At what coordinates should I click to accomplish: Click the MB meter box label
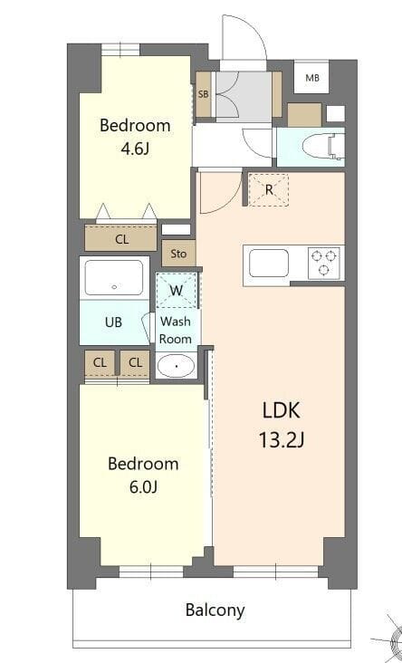coord(312,78)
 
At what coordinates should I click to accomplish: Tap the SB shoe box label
coord(204,93)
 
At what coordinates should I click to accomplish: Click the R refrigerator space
coord(268,189)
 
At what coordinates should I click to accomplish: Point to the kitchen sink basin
coord(269,264)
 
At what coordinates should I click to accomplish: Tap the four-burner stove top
coord(324,263)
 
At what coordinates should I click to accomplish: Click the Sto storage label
coord(178,254)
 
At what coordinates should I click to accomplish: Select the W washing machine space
coord(177,291)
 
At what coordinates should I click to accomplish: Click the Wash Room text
coord(176,330)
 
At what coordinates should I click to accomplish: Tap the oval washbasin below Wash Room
coord(175,366)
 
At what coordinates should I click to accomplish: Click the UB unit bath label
coord(113,322)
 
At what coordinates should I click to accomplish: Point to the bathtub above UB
coord(114,278)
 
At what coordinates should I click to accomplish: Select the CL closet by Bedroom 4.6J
coord(121,239)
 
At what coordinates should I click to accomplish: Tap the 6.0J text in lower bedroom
coord(142,488)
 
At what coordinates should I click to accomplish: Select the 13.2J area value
coord(281,441)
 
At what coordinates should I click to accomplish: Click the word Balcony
coord(215,610)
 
